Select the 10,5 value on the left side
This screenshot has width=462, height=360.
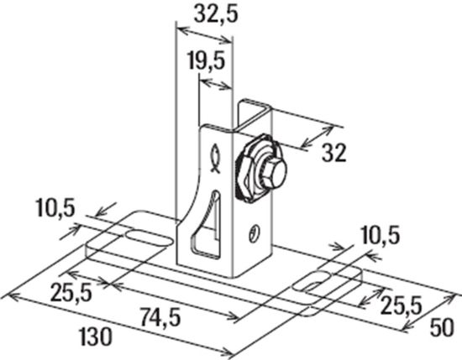point(54,206)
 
